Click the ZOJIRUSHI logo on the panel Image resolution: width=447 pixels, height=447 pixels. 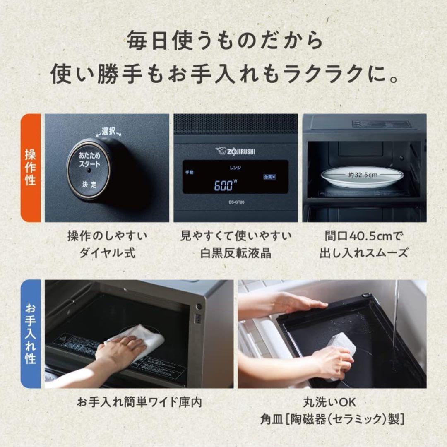point(235,151)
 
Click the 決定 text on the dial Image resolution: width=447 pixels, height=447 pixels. point(88,185)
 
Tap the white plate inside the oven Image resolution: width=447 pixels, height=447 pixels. point(362,177)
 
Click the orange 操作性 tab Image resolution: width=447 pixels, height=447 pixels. point(31,168)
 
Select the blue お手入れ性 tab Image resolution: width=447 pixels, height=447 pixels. point(31,334)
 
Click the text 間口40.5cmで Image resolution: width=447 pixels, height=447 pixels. point(363,236)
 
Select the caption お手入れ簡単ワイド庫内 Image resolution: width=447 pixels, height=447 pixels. point(139,402)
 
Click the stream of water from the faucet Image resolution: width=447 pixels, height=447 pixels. point(395,315)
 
